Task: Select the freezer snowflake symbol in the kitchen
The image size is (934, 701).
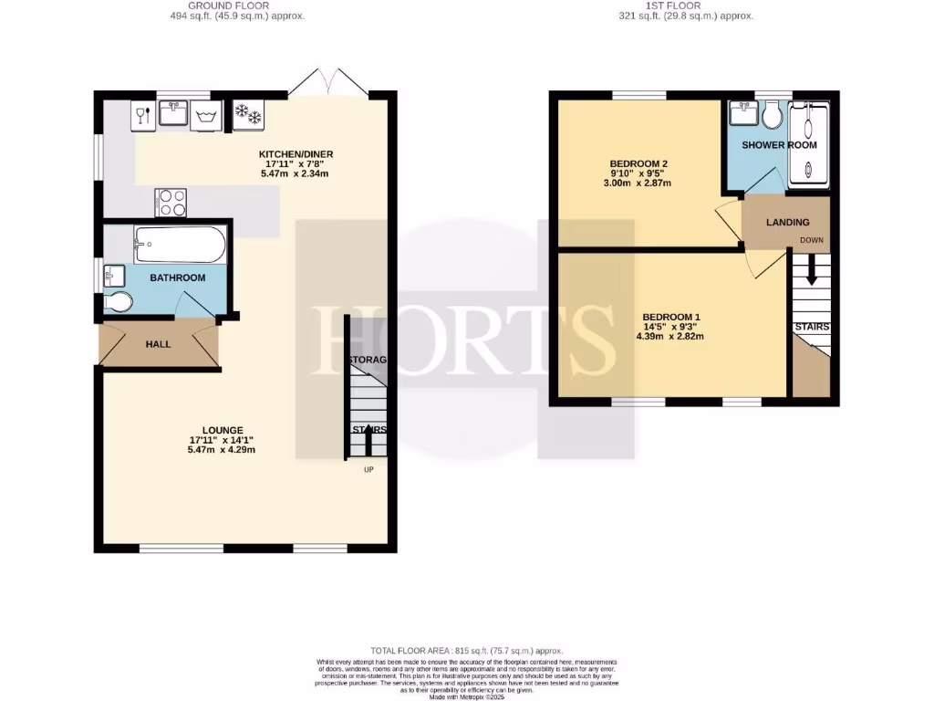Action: tap(248, 115)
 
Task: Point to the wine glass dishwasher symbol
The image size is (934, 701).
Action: tap(142, 115)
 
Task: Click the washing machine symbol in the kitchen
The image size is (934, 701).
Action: tap(205, 115)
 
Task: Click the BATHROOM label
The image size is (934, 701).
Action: tap(178, 277)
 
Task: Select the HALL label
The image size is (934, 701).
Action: tap(159, 344)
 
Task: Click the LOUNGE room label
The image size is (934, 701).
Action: tap(223, 430)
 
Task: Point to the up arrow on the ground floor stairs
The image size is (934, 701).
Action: tap(367, 442)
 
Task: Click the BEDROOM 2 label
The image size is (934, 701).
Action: tap(632, 163)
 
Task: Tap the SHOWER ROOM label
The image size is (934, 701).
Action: tap(779, 145)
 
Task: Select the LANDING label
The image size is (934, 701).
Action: tap(787, 223)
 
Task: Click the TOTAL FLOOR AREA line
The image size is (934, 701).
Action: tap(467, 650)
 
